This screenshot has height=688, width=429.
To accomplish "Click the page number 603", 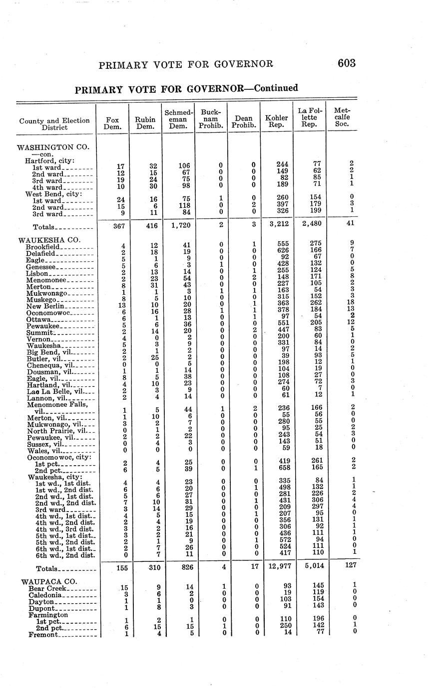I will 346,63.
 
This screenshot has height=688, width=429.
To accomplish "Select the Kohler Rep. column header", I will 277,121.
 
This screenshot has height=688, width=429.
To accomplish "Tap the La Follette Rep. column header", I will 310,117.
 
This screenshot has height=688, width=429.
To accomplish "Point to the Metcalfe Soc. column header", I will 343,117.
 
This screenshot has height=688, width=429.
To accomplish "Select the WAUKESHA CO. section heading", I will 49,240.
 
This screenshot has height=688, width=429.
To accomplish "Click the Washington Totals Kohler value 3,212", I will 277,224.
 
